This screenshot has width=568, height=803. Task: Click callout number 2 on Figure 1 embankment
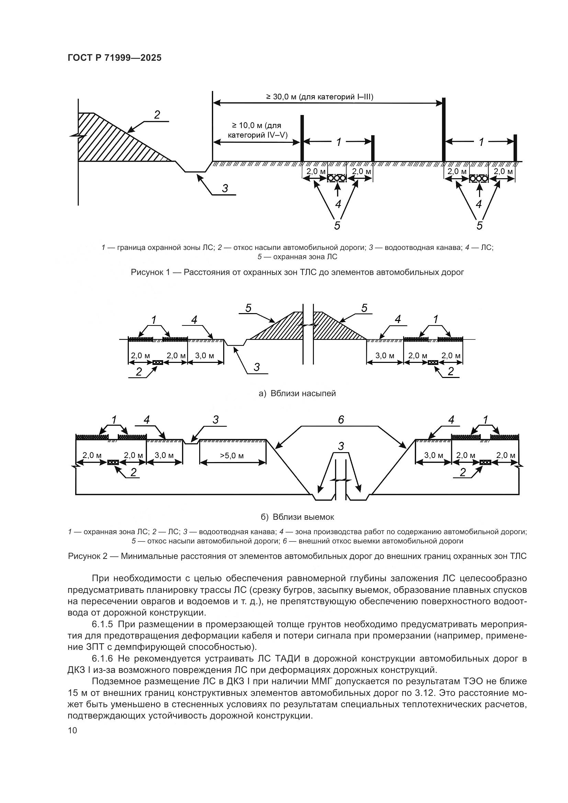coord(157,115)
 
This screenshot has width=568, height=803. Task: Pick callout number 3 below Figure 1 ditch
coord(225,188)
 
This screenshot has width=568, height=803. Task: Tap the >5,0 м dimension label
coord(232,456)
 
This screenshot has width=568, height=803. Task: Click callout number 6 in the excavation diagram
coord(341,420)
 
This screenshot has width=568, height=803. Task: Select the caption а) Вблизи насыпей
coord(297,393)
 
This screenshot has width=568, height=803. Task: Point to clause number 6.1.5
coord(105,624)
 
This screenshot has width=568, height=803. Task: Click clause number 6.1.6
coord(105,659)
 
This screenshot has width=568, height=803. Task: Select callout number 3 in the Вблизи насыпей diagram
coord(257,367)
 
